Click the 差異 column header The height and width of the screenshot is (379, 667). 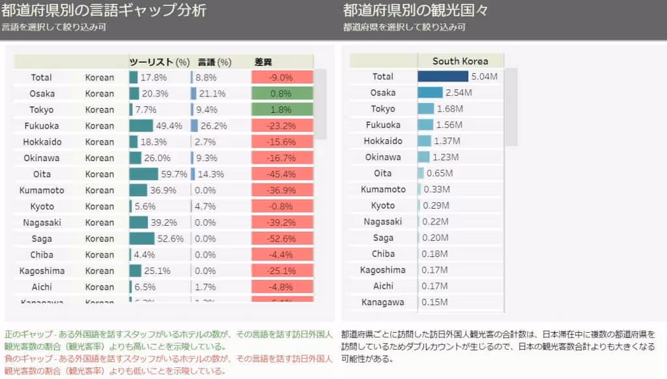[263, 62]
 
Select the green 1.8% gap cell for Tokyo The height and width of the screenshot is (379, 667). [282, 110]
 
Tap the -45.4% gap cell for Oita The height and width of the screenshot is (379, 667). [282, 174]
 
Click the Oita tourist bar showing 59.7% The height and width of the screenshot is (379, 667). [143, 174]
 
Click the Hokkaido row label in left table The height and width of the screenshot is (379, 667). [41, 142]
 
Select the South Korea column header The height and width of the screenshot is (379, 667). [460, 61]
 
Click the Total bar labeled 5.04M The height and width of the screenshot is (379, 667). [443, 76]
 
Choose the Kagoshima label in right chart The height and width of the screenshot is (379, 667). [383, 270]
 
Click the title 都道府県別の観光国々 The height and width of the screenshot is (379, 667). [416, 10]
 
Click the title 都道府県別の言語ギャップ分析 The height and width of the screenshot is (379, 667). [104, 10]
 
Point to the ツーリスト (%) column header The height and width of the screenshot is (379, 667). [159, 62]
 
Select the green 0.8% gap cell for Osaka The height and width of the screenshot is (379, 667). [282, 93]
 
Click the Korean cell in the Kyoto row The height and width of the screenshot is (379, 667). [100, 206]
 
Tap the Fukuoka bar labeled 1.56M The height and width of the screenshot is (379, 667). [425, 125]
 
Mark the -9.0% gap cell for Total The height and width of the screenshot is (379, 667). [282, 77]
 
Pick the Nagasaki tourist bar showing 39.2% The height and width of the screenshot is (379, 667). [138, 222]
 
